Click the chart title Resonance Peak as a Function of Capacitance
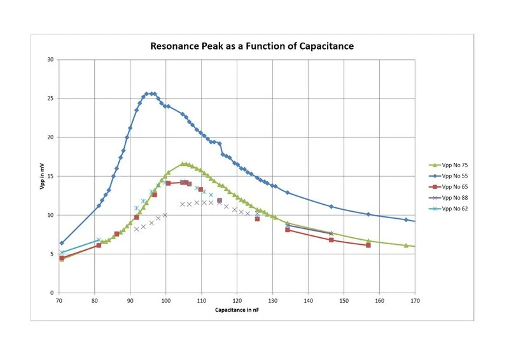pos(251,46)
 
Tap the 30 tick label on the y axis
pos(52,60)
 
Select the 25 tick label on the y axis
pos(52,99)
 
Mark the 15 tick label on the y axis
pos(52,176)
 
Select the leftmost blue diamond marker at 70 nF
pos(62,243)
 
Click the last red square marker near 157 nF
pos(368,245)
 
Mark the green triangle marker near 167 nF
pos(406,245)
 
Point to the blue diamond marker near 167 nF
pos(406,219)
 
